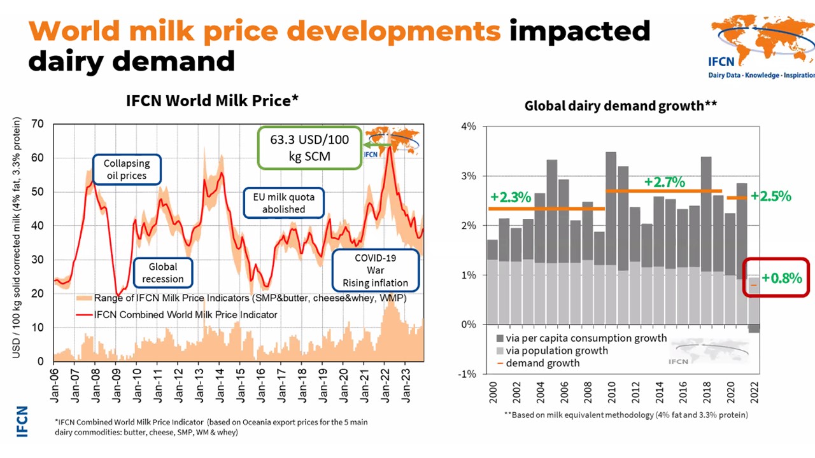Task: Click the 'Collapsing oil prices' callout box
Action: tap(127, 169)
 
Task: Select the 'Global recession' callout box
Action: tap(163, 273)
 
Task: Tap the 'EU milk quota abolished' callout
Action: tap(284, 202)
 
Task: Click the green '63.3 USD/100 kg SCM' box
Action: tap(309, 148)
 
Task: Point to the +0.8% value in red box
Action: tap(782, 277)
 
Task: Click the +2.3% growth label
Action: tap(511, 197)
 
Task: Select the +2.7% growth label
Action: tap(664, 182)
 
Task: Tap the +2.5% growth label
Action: tap(770, 196)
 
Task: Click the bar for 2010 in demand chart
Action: tap(611, 239)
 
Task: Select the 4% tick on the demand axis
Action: tap(468, 127)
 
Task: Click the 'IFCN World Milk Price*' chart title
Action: tap(212, 101)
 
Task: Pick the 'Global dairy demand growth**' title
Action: tap(621, 106)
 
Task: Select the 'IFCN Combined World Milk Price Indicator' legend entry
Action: tap(185, 314)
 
